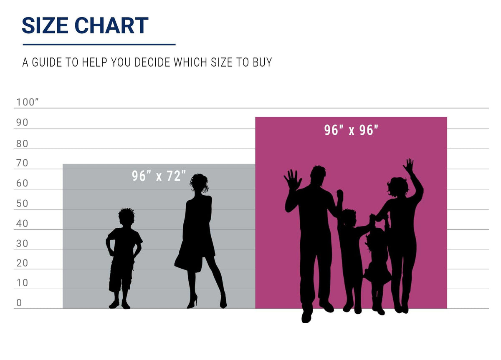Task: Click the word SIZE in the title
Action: pos(45,25)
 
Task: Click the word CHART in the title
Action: pos(111,25)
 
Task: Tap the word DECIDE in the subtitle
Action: pos(152,62)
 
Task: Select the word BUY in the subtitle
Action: pos(262,62)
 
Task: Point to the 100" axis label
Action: pos(27,102)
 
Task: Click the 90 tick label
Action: pos(22,123)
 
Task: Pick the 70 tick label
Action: pos(22,163)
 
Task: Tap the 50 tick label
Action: pos(22,204)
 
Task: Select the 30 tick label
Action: pos(22,244)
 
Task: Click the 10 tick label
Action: pos(22,283)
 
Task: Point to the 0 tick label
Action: pos(19,303)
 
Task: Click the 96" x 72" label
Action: pos(159,176)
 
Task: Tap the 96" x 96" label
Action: pos(351,130)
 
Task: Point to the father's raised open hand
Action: pos(292,180)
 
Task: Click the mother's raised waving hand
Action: pos(409,165)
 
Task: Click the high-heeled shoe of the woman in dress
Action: pos(193,302)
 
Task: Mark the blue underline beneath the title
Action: pos(99,45)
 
